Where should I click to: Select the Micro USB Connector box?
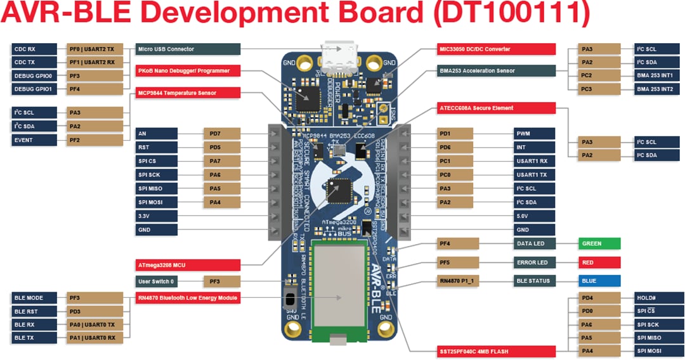pos(188,49)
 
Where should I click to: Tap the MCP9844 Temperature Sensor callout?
pos(188,93)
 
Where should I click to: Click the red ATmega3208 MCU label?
pos(188,265)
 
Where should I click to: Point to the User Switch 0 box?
pos(161,281)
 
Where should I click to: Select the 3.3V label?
pos(161,216)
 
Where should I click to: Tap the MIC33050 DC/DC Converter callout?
pos(497,49)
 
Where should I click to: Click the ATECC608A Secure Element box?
pos(497,108)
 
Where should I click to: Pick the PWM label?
pos(535,134)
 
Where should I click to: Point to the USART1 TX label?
pos(535,174)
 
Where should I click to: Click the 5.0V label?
pos(535,216)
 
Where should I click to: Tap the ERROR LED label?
pos(535,262)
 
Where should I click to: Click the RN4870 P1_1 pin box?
pos(455,281)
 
